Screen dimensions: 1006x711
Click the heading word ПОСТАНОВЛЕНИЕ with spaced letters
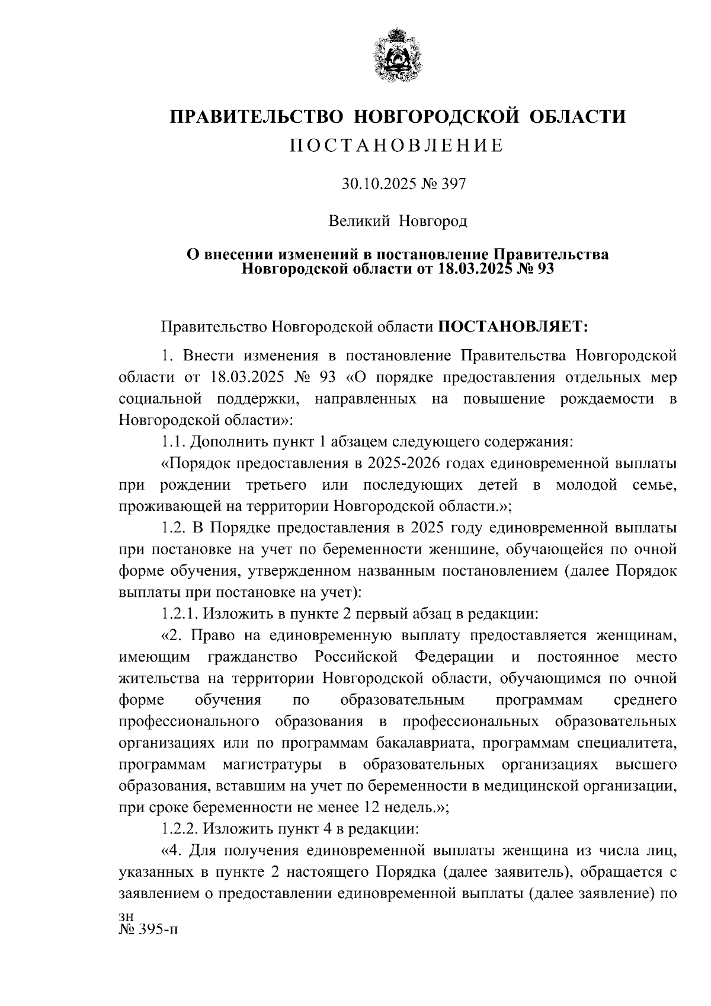point(397,146)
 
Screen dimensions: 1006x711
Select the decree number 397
point(453,184)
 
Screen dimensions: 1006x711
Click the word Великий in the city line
point(359,222)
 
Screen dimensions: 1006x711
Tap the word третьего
point(276,485)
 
